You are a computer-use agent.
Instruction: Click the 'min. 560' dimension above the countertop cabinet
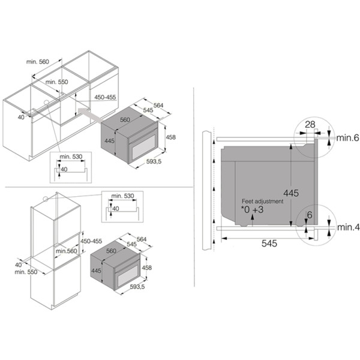click(x=38, y=62)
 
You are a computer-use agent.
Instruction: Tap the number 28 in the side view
click(x=310, y=124)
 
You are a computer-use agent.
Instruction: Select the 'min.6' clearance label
click(x=347, y=138)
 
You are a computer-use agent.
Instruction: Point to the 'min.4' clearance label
click(x=348, y=227)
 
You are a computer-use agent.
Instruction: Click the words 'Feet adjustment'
click(x=262, y=202)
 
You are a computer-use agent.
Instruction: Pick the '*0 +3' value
click(x=252, y=209)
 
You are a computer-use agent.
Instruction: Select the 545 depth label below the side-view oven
click(x=269, y=244)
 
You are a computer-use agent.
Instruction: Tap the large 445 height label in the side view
click(x=291, y=193)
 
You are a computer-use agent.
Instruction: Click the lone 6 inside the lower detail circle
click(x=310, y=215)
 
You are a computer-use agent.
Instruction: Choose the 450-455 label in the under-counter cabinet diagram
click(x=105, y=97)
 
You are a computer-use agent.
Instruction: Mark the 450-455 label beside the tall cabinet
click(x=91, y=241)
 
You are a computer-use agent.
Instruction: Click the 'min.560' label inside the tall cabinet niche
click(x=67, y=251)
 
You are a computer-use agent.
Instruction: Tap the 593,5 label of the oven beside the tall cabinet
click(x=137, y=287)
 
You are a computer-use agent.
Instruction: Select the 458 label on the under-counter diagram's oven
click(x=170, y=137)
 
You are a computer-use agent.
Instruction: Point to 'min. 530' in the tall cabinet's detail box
click(x=122, y=196)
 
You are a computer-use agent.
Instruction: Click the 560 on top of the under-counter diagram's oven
click(x=125, y=119)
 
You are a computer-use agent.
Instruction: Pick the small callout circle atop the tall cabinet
click(x=46, y=199)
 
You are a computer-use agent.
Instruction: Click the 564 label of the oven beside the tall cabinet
click(x=142, y=239)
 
